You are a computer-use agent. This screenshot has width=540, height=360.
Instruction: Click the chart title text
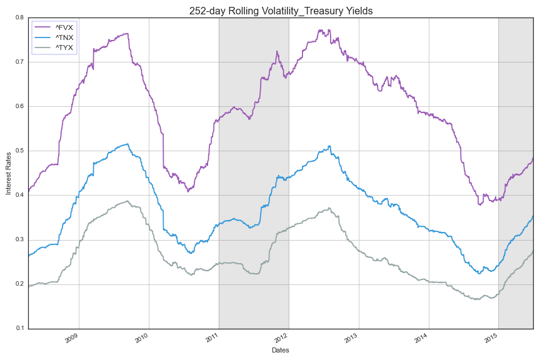pyautogui.click(x=281, y=10)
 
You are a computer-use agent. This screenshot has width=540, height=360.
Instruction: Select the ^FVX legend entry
pyautogui.click(x=64, y=27)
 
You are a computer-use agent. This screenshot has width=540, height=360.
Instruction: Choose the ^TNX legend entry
pyautogui.click(x=64, y=37)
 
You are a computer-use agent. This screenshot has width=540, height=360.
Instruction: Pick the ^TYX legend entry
pyautogui.click(x=64, y=47)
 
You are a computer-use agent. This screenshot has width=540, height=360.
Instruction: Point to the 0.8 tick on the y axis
pyautogui.click(x=19, y=17)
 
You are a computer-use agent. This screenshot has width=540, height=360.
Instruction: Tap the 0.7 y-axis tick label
pyautogui.click(x=19, y=62)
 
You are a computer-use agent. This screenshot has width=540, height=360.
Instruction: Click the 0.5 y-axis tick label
pyautogui.click(x=19, y=151)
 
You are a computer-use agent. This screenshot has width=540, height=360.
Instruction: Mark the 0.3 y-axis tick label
pyautogui.click(x=19, y=240)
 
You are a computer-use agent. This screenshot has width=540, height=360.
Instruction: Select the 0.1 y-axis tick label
pyautogui.click(x=19, y=329)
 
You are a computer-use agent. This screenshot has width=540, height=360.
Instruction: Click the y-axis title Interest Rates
pyautogui.click(x=9, y=172)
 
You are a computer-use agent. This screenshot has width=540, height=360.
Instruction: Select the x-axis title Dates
pyautogui.click(x=281, y=351)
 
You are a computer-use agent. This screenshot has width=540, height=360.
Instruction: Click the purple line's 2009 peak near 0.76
pyautogui.click(x=127, y=33)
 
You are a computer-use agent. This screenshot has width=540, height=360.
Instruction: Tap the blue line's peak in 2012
pyautogui.click(x=329, y=146)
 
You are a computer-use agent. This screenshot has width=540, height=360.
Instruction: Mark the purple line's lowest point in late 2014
pyautogui.click(x=480, y=204)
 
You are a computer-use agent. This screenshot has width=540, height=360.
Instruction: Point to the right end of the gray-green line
pyautogui.click(x=532, y=251)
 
